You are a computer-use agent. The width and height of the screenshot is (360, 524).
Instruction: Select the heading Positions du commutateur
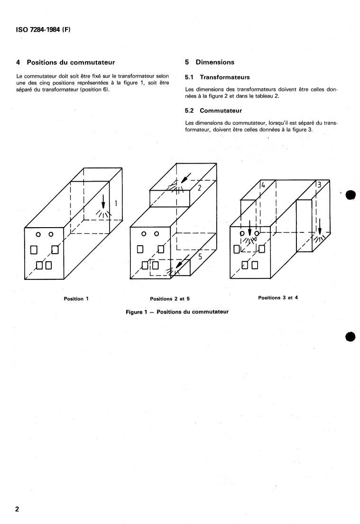[x=71, y=62]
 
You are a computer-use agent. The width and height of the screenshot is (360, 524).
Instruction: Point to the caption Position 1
[x=76, y=299]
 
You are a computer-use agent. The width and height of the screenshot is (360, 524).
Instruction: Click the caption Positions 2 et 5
[x=170, y=299]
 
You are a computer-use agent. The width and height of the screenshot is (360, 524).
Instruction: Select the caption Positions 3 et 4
[x=278, y=298]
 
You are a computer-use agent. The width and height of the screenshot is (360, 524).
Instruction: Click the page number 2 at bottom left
[x=17, y=510]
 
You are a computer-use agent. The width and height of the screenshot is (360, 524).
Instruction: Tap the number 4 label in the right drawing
[x=263, y=184]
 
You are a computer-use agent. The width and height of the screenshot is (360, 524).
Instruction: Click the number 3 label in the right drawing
[x=319, y=184]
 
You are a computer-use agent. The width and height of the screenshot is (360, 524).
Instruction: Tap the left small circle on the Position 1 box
[x=39, y=234]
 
